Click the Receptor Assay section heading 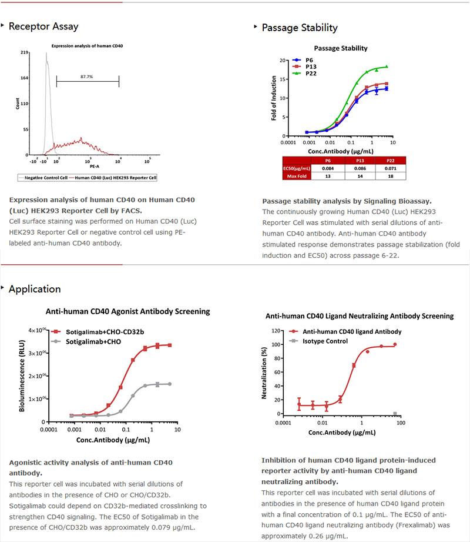click(43, 26)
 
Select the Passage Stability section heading click(299, 28)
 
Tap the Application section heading click(35, 289)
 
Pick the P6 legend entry click(308, 60)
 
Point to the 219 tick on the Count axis click(25, 52)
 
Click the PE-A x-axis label click(86, 166)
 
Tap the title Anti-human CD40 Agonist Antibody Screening click(127, 311)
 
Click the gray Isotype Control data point click(395, 414)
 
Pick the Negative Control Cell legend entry click(42, 177)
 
